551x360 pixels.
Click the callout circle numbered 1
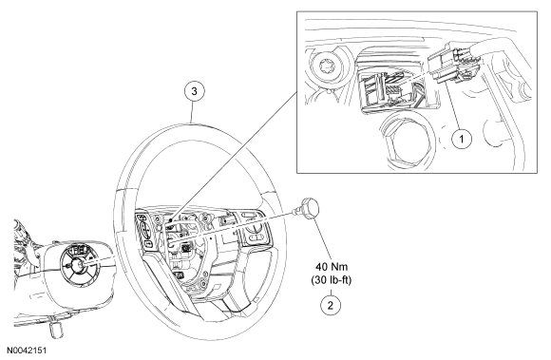click(x=462, y=139)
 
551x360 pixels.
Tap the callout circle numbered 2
click(x=331, y=305)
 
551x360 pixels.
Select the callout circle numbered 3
click(x=194, y=91)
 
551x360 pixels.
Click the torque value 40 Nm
click(x=331, y=267)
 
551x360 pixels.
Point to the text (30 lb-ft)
click(x=331, y=280)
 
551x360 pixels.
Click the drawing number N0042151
click(x=27, y=351)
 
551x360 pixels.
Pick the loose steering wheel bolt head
click(x=310, y=207)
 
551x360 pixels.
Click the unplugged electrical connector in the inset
click(x=454, y=64)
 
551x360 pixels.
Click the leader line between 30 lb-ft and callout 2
click(x=331, y=292)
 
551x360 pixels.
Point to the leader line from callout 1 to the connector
click(x=454, y=106)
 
